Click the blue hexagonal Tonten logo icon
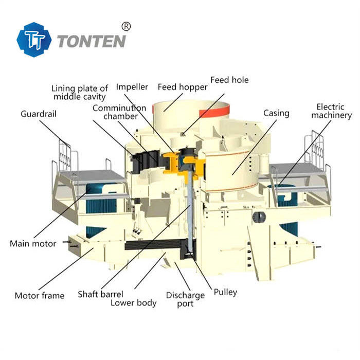point(34,40)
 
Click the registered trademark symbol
point(126,26)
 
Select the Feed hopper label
point(182,87)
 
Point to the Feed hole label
point(229,80)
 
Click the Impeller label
point(132,87)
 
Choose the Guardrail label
point(39,113)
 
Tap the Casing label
point(276,113)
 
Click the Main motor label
point(33,243)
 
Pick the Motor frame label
point(40,296)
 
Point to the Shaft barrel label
point(100,294)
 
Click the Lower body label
point(133,302)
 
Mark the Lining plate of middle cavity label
point(80,92)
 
